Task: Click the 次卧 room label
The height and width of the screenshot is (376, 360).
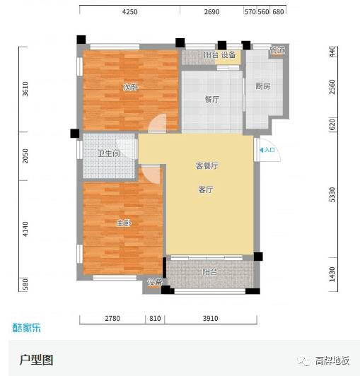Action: (129, 88)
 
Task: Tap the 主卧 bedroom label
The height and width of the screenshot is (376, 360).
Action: (123, 223)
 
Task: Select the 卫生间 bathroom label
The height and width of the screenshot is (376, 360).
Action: (108, 153)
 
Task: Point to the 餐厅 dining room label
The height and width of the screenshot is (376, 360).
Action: (211, 100)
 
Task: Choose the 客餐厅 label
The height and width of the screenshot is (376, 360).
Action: (207, 165)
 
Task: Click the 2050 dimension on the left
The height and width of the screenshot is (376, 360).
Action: (25, 156)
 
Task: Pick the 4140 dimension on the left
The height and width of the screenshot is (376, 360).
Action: (25, 229)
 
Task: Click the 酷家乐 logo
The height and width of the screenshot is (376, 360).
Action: (28, 327)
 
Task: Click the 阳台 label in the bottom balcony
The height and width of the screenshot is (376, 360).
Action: (209, 271)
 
